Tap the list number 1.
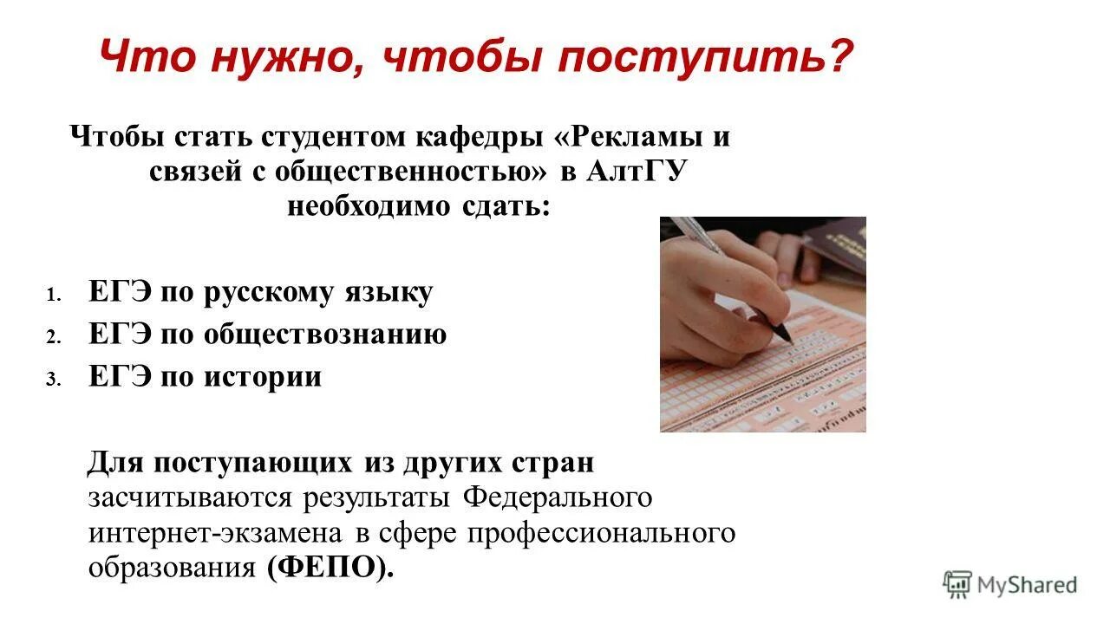[x=53, y=296]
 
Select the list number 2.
[x=53, y=337]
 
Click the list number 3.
[x=53, y=379]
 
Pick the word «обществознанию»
[x=325, y=335]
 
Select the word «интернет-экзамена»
[x=216, y=532]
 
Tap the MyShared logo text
[x=1027, y=585]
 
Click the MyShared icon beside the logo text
[x=957, y=585]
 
